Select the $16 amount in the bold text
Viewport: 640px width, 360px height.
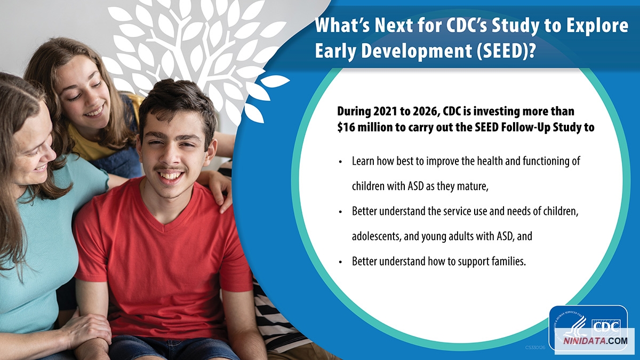[x=346, y=127]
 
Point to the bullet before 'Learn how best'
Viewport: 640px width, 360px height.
[x=340, y=162]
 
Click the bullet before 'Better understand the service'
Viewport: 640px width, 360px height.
[x=340, y=212]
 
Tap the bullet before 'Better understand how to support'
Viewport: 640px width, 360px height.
[x=340, y=262]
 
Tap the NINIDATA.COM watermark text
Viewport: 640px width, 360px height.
[x=595, y=341]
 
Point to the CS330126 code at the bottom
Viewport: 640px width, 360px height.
[x=535, y=347]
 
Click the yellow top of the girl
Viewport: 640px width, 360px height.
[x=86, y=143]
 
